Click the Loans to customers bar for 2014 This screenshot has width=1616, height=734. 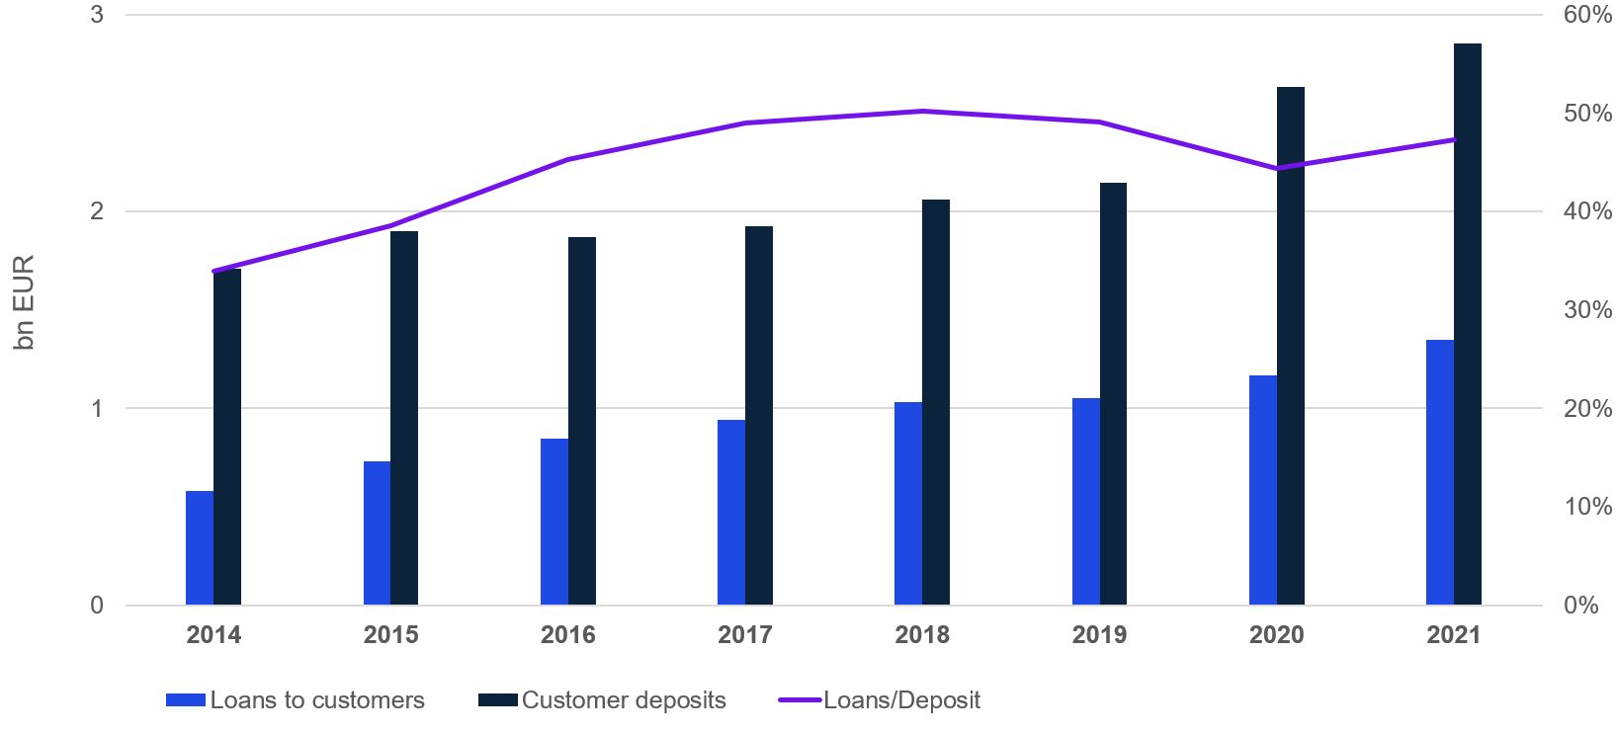[200, 547]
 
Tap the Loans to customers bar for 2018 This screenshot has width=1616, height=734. [908, 503]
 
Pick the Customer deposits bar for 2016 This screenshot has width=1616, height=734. [582, 421]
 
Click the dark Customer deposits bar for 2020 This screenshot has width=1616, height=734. [1290, 346]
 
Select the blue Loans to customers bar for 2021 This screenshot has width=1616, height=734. [1440, 472]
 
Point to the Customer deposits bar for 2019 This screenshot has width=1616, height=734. [1113, 393]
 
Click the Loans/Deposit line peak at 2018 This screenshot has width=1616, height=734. [922, 111]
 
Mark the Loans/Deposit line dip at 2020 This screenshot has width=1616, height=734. [1276, 168]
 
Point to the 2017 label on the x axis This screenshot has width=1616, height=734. [744, 634]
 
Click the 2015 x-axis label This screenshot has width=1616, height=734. [390, 634]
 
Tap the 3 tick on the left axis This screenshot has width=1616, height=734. [97, 15]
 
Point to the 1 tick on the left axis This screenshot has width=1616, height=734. [97, 408]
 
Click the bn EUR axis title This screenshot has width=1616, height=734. [25, 302]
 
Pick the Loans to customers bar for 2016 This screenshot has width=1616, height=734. [554, 522]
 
